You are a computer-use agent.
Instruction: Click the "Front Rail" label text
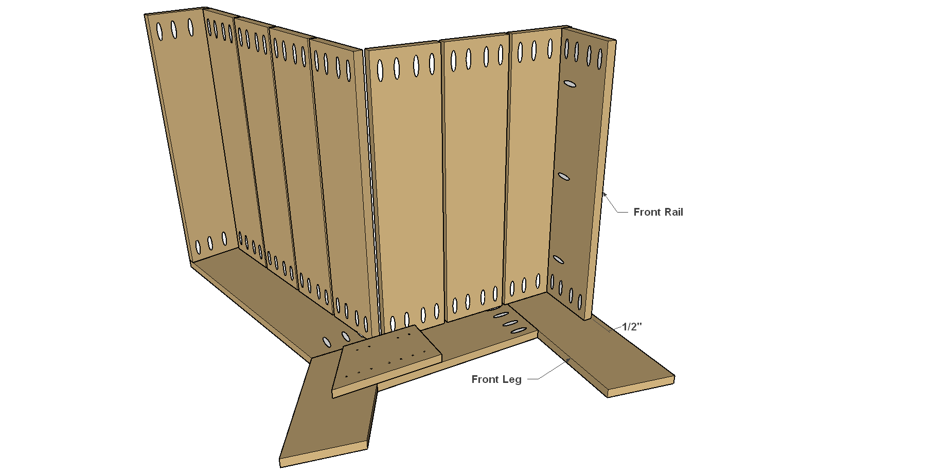click(x=658, y=212)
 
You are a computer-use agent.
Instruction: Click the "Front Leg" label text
click(x=496, y=379)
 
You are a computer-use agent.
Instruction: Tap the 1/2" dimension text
click(x=632, y=326)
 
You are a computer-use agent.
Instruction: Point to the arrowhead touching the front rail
click(x=605, y=195)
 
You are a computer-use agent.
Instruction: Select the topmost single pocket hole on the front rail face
click(x=569, y=83)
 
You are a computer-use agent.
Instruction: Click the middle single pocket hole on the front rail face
click(x=564, y=177)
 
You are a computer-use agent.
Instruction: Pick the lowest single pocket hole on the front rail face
click(x=558, y=259)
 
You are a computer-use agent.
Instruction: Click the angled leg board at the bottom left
click(x=329, y=407)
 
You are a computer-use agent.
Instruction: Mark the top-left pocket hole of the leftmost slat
click(x=159, y=31)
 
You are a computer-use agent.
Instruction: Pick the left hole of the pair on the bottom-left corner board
click(x=327, y=341)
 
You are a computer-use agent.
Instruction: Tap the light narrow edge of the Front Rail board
click(x=601, y=180)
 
